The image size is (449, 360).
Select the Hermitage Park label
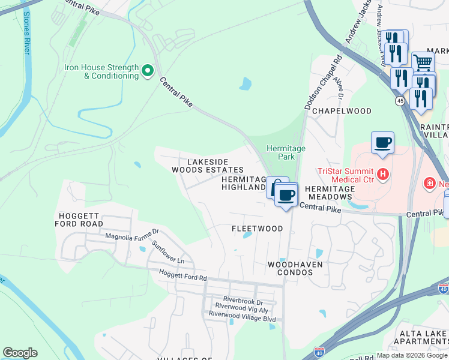tap(286, 152)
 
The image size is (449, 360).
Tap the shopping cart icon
tap(423, 61)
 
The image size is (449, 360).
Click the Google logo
tap(20, 353)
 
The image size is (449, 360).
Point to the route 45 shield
tap(400, 101)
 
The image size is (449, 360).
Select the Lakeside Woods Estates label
tap(208, 166)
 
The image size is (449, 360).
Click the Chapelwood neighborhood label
tap(342, 111)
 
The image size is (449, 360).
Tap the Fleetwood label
tap(257, 229)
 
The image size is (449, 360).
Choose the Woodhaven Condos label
tap(295, 268)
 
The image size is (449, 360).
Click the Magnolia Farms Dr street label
tap(131, 231)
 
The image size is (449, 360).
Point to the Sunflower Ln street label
tap(167, 251)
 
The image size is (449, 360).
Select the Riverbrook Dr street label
tap(243, 300)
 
